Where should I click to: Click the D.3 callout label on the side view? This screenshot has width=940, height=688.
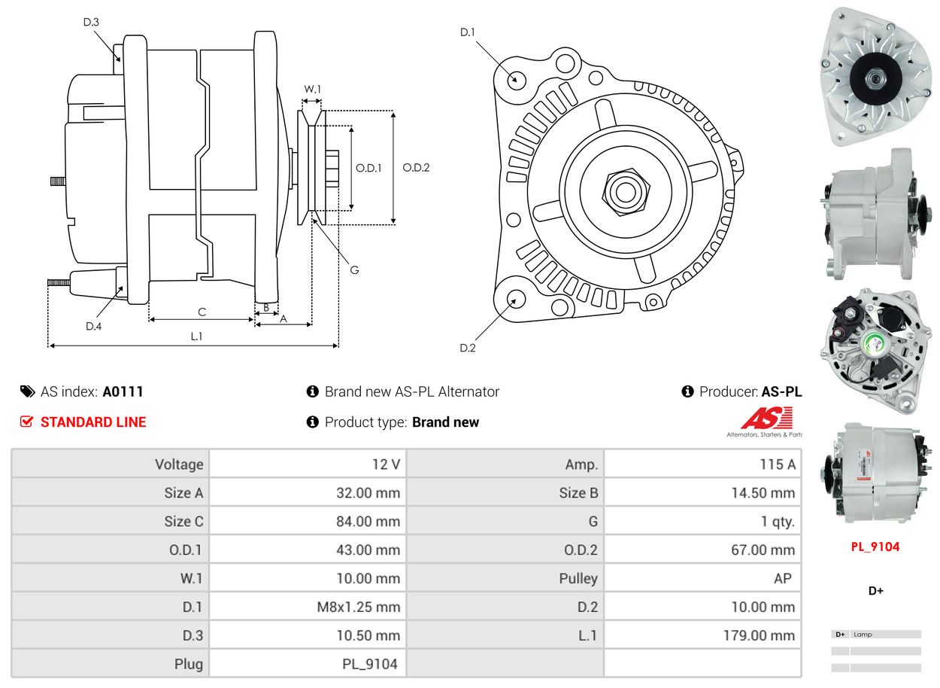[x=91, y=22]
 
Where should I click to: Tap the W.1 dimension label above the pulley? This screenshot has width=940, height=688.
[x=312, y=89]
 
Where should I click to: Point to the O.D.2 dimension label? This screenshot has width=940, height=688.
[x=416, y=168]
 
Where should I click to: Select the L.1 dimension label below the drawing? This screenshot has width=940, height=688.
[x=196, y=336]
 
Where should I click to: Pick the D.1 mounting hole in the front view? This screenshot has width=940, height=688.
[x=516, y=79]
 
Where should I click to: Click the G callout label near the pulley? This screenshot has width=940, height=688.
[x=354, y=269]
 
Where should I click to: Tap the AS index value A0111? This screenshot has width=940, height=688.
[x=123, y=391]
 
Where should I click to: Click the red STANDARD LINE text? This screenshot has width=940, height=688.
[x=93, y=422]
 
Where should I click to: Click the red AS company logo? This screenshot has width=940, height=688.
[x=766, y=419]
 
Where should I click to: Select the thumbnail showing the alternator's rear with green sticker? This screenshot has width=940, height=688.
[x=875, y=349]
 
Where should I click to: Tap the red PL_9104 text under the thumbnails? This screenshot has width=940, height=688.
[x=875, y=546]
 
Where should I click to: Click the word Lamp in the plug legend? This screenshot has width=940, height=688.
[x=863, y=635]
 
